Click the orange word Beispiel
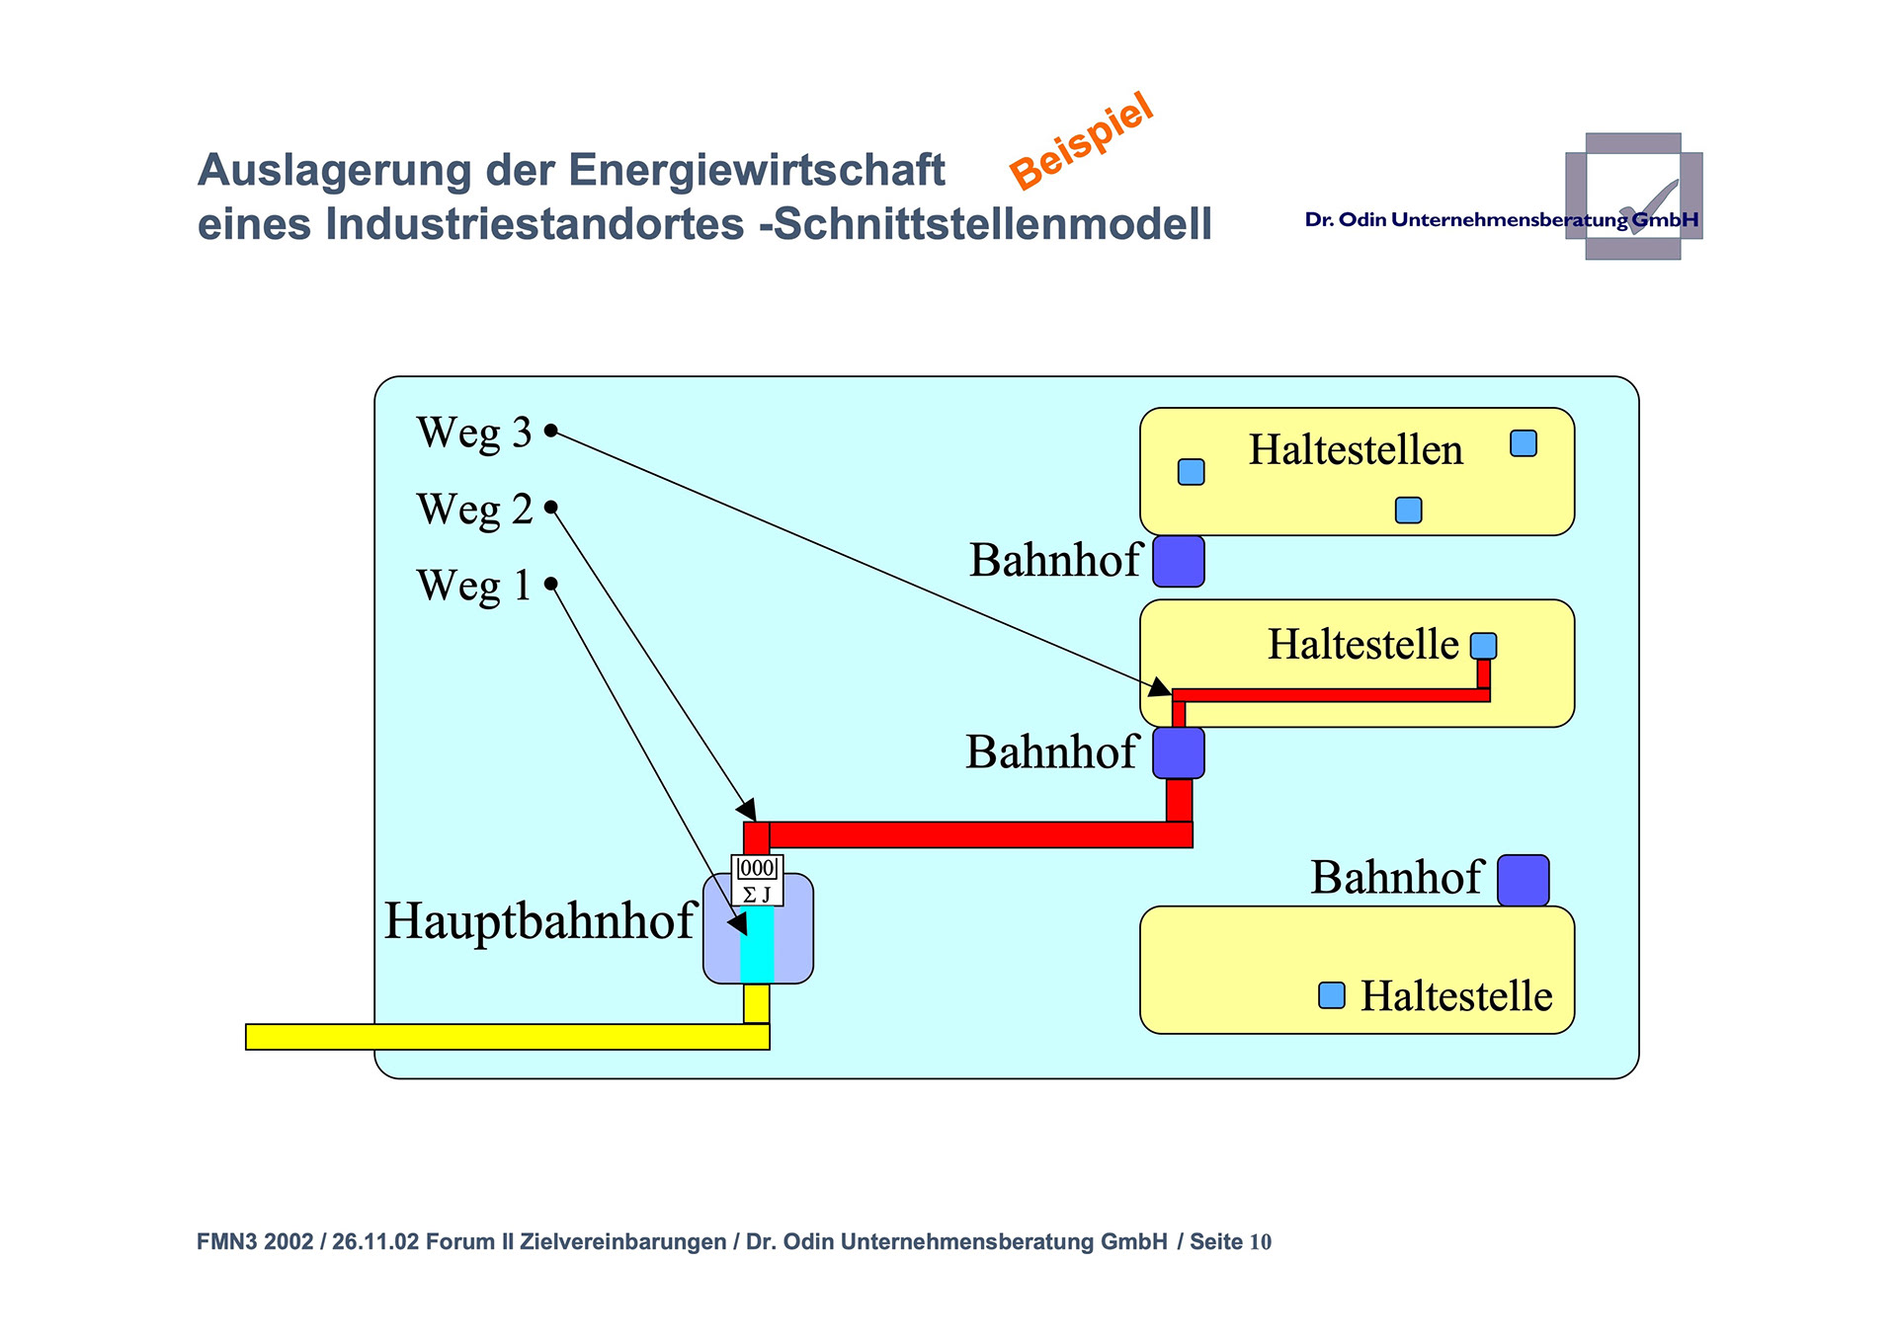(x=1082, y=140)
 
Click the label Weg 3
(x=474, y=433)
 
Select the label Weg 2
(x=474, y=510)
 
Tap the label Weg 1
(x=473, y=586)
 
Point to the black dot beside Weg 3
(x=551, y=431)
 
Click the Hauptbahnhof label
(x=539, y=920)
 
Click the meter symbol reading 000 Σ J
(x=757, y=880)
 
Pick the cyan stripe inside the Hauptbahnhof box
(x=757, y=944)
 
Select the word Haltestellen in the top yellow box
(x=1356, y=450)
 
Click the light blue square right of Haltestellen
(x=1524, y=443)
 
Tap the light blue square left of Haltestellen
(x=1192, y=472)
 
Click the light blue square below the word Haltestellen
(x=1408, y=510)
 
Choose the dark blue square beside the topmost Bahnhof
(x=1179, y=562)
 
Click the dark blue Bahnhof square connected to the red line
(x=1179, y=753)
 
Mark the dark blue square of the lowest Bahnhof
(x=1523, y=880)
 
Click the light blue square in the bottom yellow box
(x=1332, y=995)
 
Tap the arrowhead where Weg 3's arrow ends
(x=1161, y=687)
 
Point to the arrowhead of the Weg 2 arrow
(x=748, y=811)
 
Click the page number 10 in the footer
(x=1260, y=1242)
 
